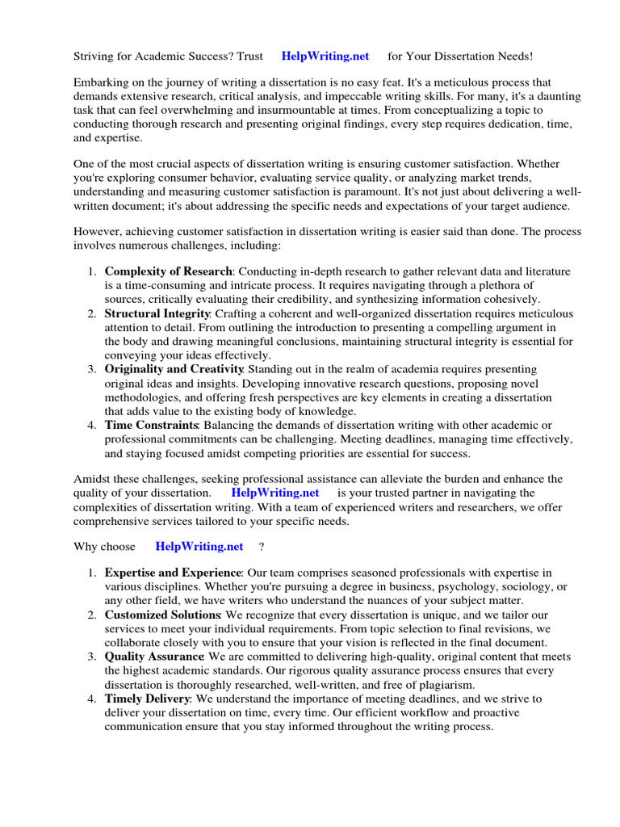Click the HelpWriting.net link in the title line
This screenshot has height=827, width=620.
(325, 57)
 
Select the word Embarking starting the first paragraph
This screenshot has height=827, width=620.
(102, 83)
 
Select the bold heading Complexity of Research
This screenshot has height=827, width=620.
(168, 271)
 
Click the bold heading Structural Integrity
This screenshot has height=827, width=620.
(157, 313)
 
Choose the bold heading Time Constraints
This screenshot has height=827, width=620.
(151, 425)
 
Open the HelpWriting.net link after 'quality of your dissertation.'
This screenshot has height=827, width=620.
(275, 493)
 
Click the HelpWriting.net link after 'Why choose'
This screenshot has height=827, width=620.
(199, 547)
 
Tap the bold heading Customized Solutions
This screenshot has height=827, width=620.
(162, 615)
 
